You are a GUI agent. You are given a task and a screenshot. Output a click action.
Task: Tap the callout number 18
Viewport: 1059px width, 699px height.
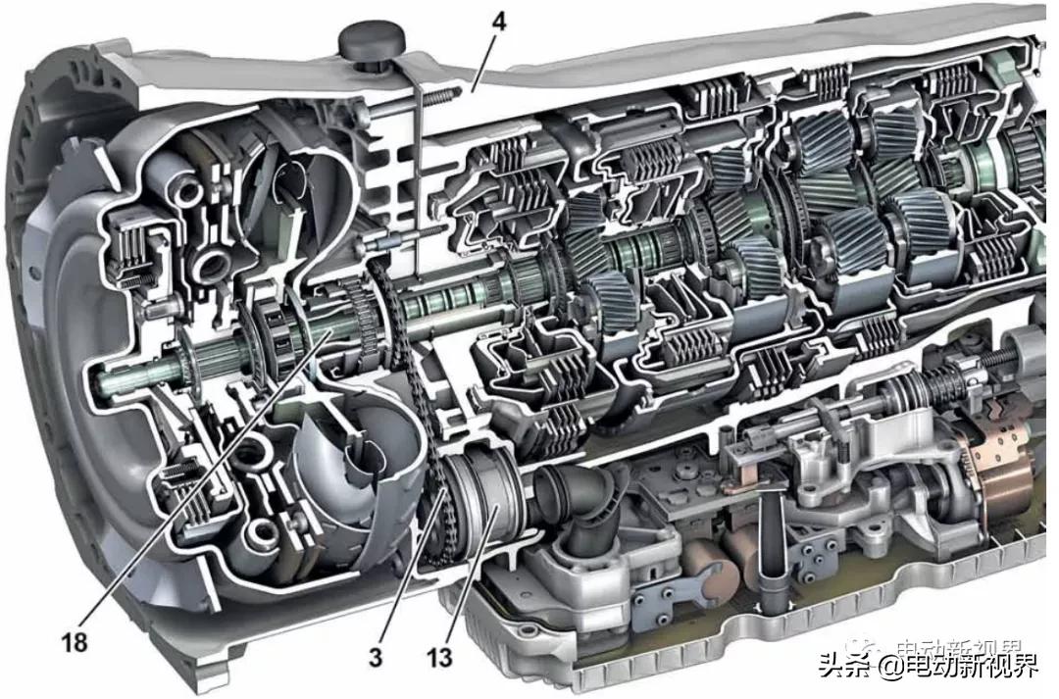[75, 643]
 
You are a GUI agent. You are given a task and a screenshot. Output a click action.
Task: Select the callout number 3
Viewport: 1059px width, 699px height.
[376, 658]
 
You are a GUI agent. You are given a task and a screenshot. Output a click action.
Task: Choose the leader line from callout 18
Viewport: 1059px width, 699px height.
[196, 480]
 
